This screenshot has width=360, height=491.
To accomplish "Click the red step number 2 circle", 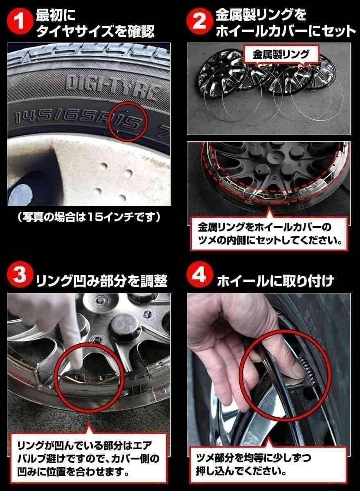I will click(199, 23).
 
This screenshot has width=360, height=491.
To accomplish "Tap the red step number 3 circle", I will click(19, 279).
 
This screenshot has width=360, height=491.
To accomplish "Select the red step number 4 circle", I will click(199, 279).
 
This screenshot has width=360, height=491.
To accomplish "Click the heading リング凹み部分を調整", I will click(101, 281).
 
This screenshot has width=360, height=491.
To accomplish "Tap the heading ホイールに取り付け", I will click(275, 281).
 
